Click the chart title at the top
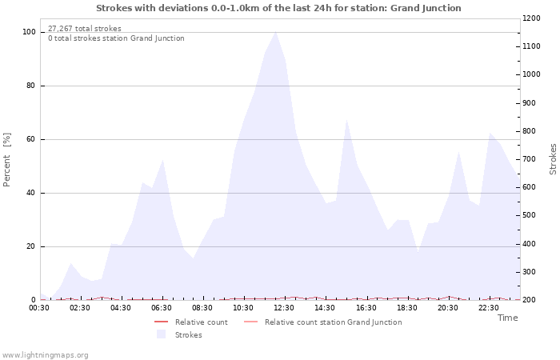278,8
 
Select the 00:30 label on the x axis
40,307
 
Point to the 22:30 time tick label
489,307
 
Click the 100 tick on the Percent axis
30,32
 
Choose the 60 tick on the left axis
32,139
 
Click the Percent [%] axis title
7,160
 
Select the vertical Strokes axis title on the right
553,158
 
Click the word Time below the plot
507,318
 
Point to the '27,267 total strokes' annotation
85,29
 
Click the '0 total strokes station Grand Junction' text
116,38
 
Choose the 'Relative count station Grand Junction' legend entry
333,322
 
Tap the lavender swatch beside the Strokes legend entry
161,334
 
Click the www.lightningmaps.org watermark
46,354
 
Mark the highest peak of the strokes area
275,32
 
